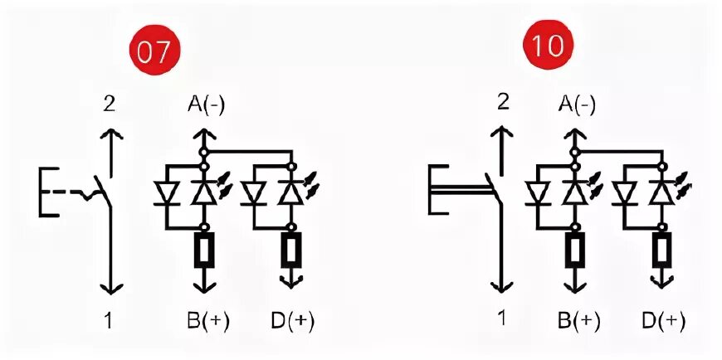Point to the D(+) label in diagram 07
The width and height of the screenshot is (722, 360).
click(x=291, y=320)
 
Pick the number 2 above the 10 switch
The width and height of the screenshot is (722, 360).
click(x=501, y=103)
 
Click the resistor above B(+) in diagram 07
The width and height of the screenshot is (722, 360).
click(x=202, y=250)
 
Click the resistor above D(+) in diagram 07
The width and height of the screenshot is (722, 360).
click(x=291, y=250)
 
